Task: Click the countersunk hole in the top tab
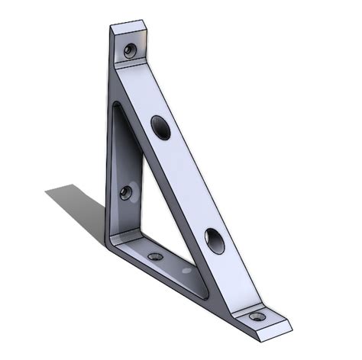point(131,51)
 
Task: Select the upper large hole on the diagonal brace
point(161,127)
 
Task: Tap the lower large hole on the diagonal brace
point(215,241)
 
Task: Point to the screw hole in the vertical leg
point(126,192)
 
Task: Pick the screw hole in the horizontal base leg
point(155,257)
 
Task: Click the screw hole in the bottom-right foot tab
point(258,316)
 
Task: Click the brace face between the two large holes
point(187,183)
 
